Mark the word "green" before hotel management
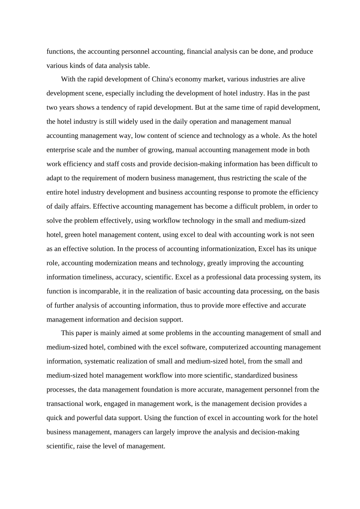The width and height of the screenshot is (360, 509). pos(73,235)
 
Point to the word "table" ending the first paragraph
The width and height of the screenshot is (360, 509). pos(142,66)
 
